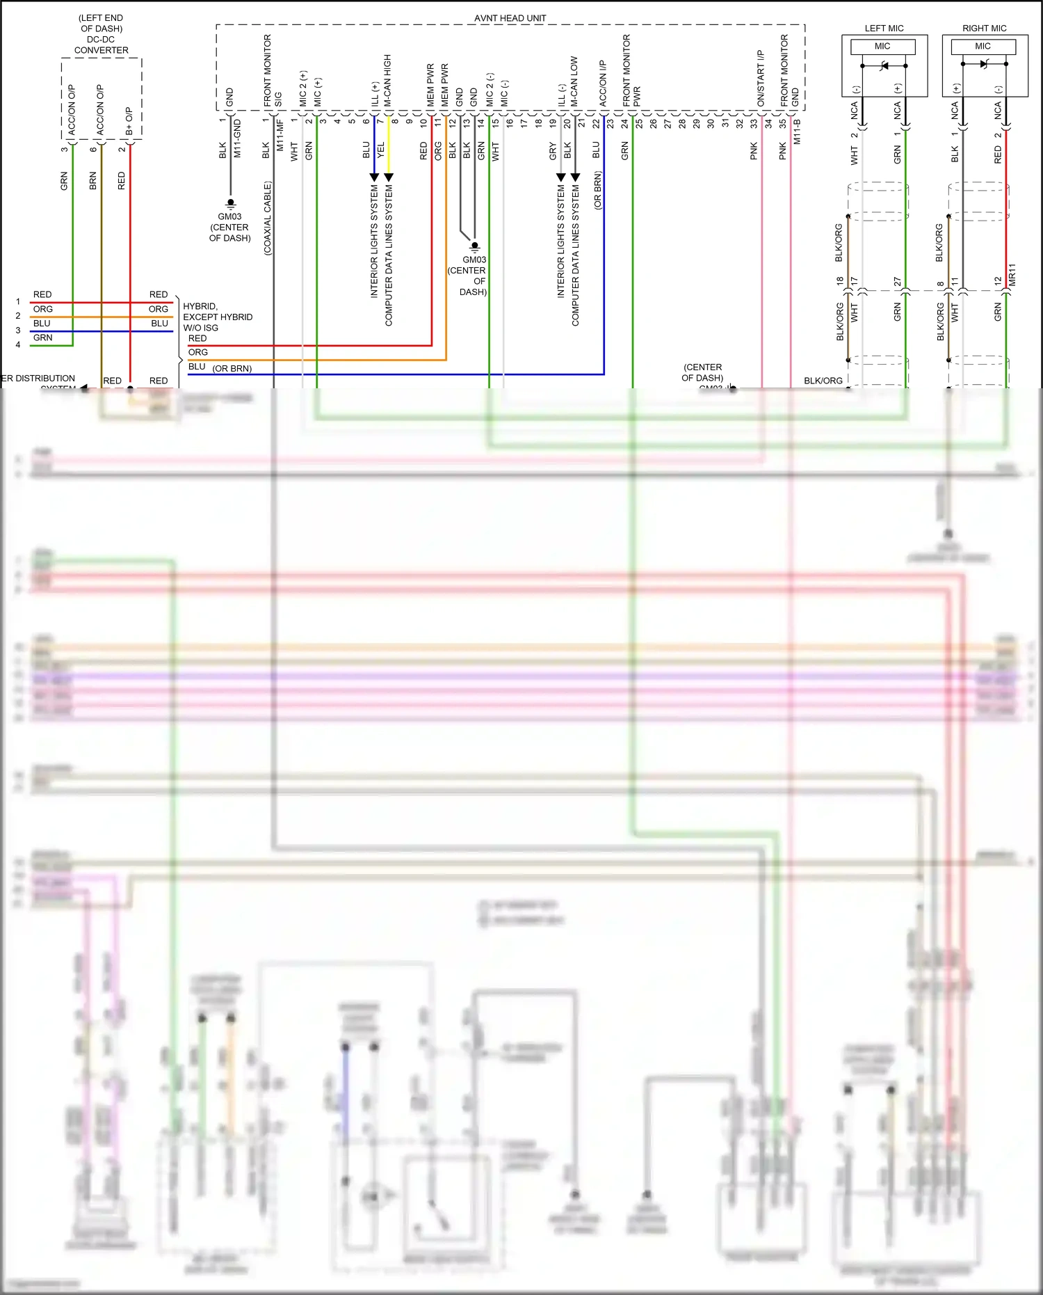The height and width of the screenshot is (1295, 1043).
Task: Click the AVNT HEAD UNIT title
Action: (x=510, y=18)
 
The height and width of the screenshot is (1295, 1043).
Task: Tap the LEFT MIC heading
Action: (x=884, y=29)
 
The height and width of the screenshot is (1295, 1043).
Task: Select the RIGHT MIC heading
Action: (x=984, y=29)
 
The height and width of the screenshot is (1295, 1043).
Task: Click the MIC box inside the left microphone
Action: (x=882, y=47)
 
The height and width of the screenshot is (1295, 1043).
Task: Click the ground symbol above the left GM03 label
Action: (x=231, y=204)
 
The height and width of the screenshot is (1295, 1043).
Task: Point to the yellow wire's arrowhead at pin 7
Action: (x=389, y=177)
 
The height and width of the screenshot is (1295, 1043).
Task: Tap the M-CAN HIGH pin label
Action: (x=387, y=80)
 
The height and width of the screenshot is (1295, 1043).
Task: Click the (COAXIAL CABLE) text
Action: (x=268, y=218)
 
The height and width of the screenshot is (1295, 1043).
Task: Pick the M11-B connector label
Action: (x=797, y=132)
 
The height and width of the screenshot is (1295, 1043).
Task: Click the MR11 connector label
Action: (x=1012, y=274)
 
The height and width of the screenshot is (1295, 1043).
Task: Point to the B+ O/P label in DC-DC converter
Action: (x=129, y=121)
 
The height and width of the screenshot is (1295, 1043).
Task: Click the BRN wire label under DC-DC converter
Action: (x=93, y=181)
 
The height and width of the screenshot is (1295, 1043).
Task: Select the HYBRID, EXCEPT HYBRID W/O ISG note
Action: (x=217, y=317)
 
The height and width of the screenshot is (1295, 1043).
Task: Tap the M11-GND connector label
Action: (x=237, y=138)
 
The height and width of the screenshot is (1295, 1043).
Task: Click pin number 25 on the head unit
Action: (x=639, y=122)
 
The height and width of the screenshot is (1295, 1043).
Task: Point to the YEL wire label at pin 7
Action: (x=380, y=150)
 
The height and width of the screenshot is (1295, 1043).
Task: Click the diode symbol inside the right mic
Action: (x=983, y=65)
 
